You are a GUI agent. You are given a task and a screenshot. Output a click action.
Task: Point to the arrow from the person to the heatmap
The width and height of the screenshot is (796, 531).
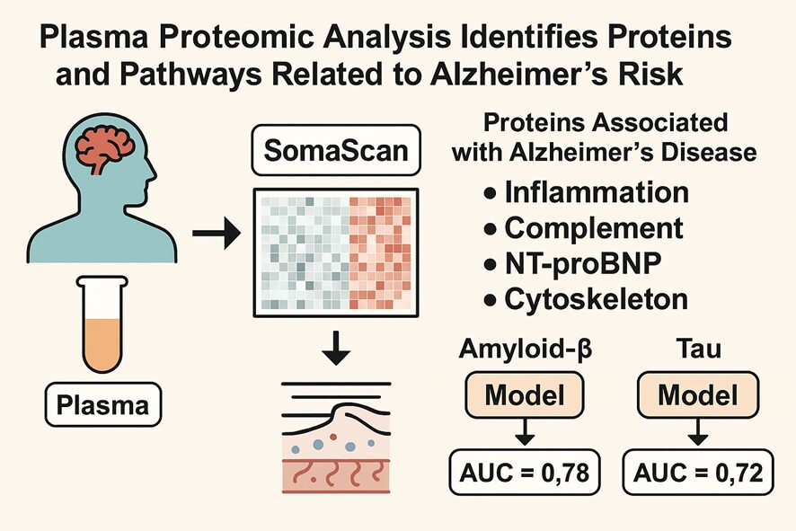coord(215,236)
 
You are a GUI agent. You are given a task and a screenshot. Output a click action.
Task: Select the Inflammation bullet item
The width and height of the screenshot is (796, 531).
coord(586,191)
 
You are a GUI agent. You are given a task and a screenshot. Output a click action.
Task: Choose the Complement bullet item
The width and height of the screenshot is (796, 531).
coord(583,227)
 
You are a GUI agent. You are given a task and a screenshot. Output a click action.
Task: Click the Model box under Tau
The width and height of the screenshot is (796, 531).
coord(698,396)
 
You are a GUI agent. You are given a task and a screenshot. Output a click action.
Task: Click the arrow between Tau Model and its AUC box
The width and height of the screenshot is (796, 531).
coord(698,435)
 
